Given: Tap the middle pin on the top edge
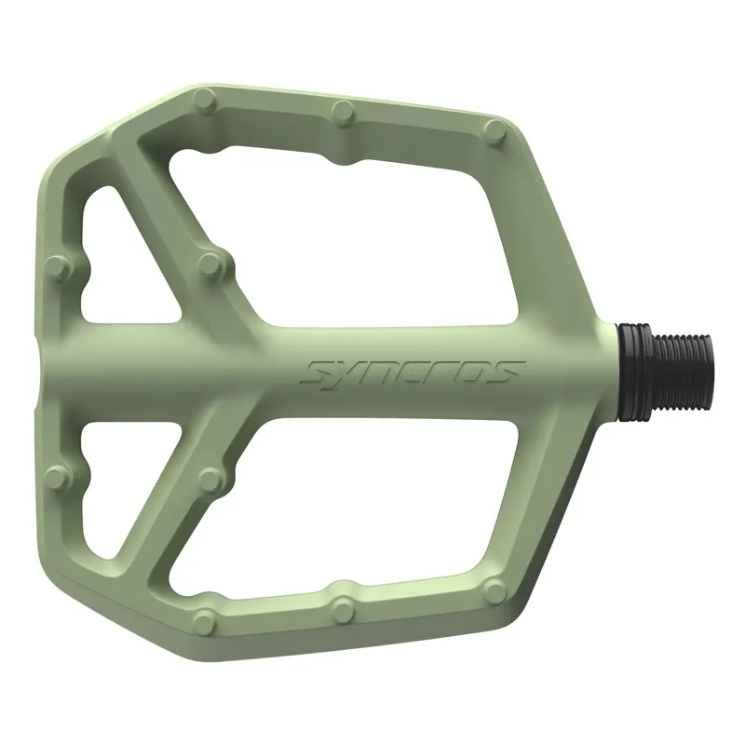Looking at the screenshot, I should tap(344, 114).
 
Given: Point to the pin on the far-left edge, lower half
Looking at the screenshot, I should tap(58, 477).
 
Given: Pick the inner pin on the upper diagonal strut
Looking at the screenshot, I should tap(213, 266).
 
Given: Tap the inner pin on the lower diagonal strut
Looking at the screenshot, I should tap(212, 480).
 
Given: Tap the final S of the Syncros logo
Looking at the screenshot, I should tap(503, 372).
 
